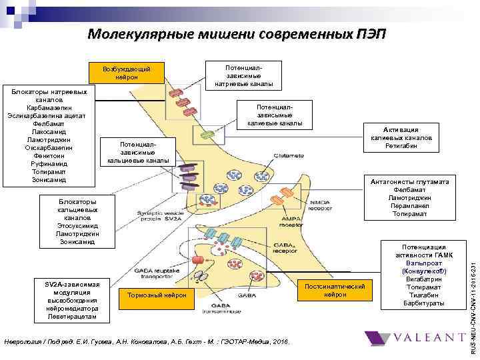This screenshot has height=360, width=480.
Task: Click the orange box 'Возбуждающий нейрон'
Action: coord(127,73)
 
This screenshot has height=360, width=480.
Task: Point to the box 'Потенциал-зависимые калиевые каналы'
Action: coord(275,115)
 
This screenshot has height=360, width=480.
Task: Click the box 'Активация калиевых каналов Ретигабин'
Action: coord(401,137)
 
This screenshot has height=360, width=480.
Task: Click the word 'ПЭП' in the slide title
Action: coord(371,34)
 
